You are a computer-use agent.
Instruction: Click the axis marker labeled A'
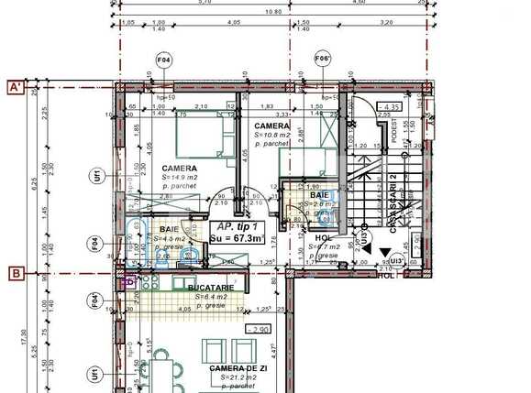tap(16, 88)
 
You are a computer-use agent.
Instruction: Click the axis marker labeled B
tap(16, 272)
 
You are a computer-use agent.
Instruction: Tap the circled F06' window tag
tap(322, 60)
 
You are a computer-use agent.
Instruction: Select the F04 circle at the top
tap(164, 60)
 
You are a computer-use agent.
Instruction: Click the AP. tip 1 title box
tap(238, 233)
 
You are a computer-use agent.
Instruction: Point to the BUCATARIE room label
tap(210, 288)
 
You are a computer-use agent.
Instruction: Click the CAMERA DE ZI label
tap(238, 368)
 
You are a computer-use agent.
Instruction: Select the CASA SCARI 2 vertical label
tap(392, 201)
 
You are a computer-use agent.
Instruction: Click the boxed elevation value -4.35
tap(393, 107)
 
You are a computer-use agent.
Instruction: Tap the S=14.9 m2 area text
tap(179, 177)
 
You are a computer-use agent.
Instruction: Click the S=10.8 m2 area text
tap(272, 136)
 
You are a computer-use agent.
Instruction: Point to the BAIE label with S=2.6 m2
tap(319, 195)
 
